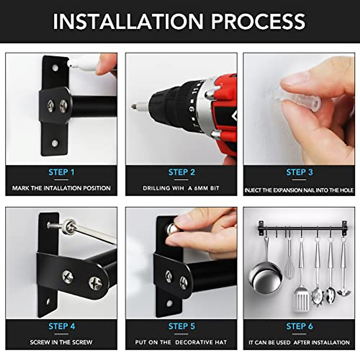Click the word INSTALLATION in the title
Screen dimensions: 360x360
tap(128, 21)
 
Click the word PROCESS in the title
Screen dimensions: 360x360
tap(258, 21)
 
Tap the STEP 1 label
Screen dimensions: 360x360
tap(61, 172)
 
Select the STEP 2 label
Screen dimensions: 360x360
tap(181, 172)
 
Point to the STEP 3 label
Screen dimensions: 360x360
tap(299, 172)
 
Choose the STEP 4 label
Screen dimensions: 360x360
tap(62, 326)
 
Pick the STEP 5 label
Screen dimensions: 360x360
tap(181, 326)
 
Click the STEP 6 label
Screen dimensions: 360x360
tap(299, 326)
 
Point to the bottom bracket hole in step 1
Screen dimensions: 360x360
tap(55, 143)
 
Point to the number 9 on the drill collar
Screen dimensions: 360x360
tap(192, 109)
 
